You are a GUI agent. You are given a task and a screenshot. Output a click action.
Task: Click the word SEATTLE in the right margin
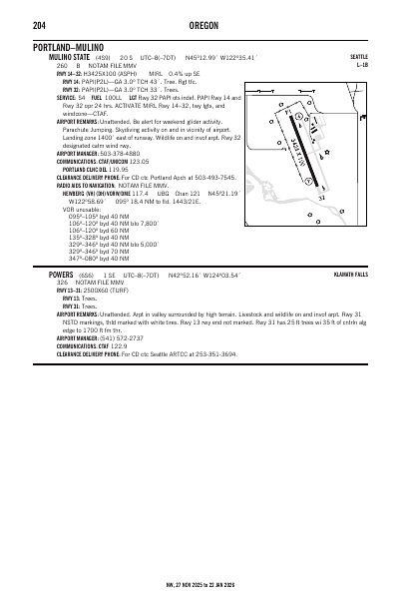pyautogui.click(x=359, y=58)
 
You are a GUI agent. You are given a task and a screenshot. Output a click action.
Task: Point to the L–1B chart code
pyautogui.click(x=362, y=66)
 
